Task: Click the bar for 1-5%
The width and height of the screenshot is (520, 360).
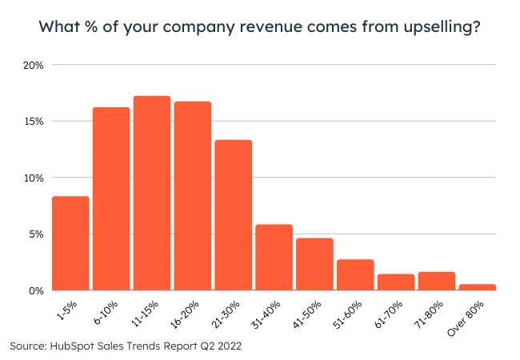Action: [70, 243]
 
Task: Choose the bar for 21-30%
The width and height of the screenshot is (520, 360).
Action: [233, 215]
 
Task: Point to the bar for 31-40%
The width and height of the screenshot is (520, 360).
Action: [274, 258]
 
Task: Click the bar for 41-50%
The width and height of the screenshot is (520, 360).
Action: [314, 264]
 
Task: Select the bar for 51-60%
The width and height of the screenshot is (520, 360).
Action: [355, 275]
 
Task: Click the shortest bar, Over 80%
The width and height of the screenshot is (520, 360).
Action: [477, 286]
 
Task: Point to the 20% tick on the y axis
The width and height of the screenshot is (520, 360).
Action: [33, 65]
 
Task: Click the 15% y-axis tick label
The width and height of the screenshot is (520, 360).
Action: [33, 122]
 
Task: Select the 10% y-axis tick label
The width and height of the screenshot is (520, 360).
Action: [33, 178]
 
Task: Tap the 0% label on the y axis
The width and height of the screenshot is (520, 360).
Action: [35, 290]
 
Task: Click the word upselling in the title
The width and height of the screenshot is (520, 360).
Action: [433, 26]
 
